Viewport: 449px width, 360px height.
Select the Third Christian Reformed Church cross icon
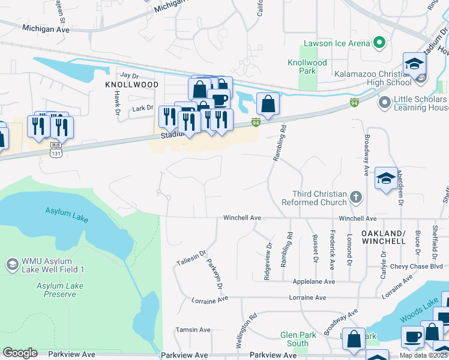click(x=355, y=197)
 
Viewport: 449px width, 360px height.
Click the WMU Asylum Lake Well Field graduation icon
click(x=11, y=265)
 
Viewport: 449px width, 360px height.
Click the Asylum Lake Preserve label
click(x=59, y=290)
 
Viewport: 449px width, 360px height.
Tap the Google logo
click(x=20, y=353)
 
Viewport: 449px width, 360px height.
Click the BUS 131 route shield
click(x=55, y=149)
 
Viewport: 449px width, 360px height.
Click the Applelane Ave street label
click(x=313, y=281)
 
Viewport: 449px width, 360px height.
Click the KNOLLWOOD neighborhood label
click(x=132, y=85)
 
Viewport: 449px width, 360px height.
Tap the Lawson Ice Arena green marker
click(x=379, y=43)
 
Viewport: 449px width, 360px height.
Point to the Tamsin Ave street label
click(x=193, y=329)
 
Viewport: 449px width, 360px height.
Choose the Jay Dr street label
click(x=129, y=76)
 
